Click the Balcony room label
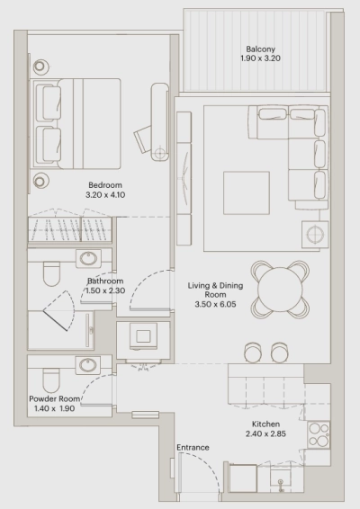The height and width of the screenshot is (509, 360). (x=260, y=49)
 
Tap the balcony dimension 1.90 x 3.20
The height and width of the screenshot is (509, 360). (x=260, y=59)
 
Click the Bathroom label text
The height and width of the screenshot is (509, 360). (x=105, y=281)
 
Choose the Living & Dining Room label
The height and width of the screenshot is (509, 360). (x=213, y=290)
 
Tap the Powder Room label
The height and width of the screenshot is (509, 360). (x=55, y=398)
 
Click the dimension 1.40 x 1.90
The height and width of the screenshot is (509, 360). (x=55, y=408)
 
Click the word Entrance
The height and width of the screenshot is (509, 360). (x=193, y=447)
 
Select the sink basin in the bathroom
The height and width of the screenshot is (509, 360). (x=89, y=259)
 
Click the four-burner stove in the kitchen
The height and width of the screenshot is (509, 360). (x=320, y=436)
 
